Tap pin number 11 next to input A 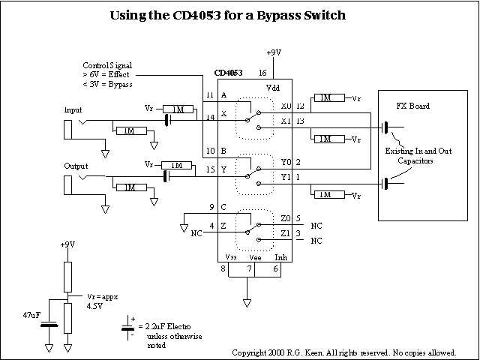(x=210, y=96)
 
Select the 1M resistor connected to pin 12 (x=325, y=97)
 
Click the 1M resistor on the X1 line (x=325, y=139)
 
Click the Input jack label (x=73, y=109)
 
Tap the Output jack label (x=76, y=166)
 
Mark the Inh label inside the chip (x=280, y=257)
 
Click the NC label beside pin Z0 (x=316, y=225)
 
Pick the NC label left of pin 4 (x=197, y=233)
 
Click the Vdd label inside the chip (x=273, y=88)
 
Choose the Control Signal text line (x=106, y=66)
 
